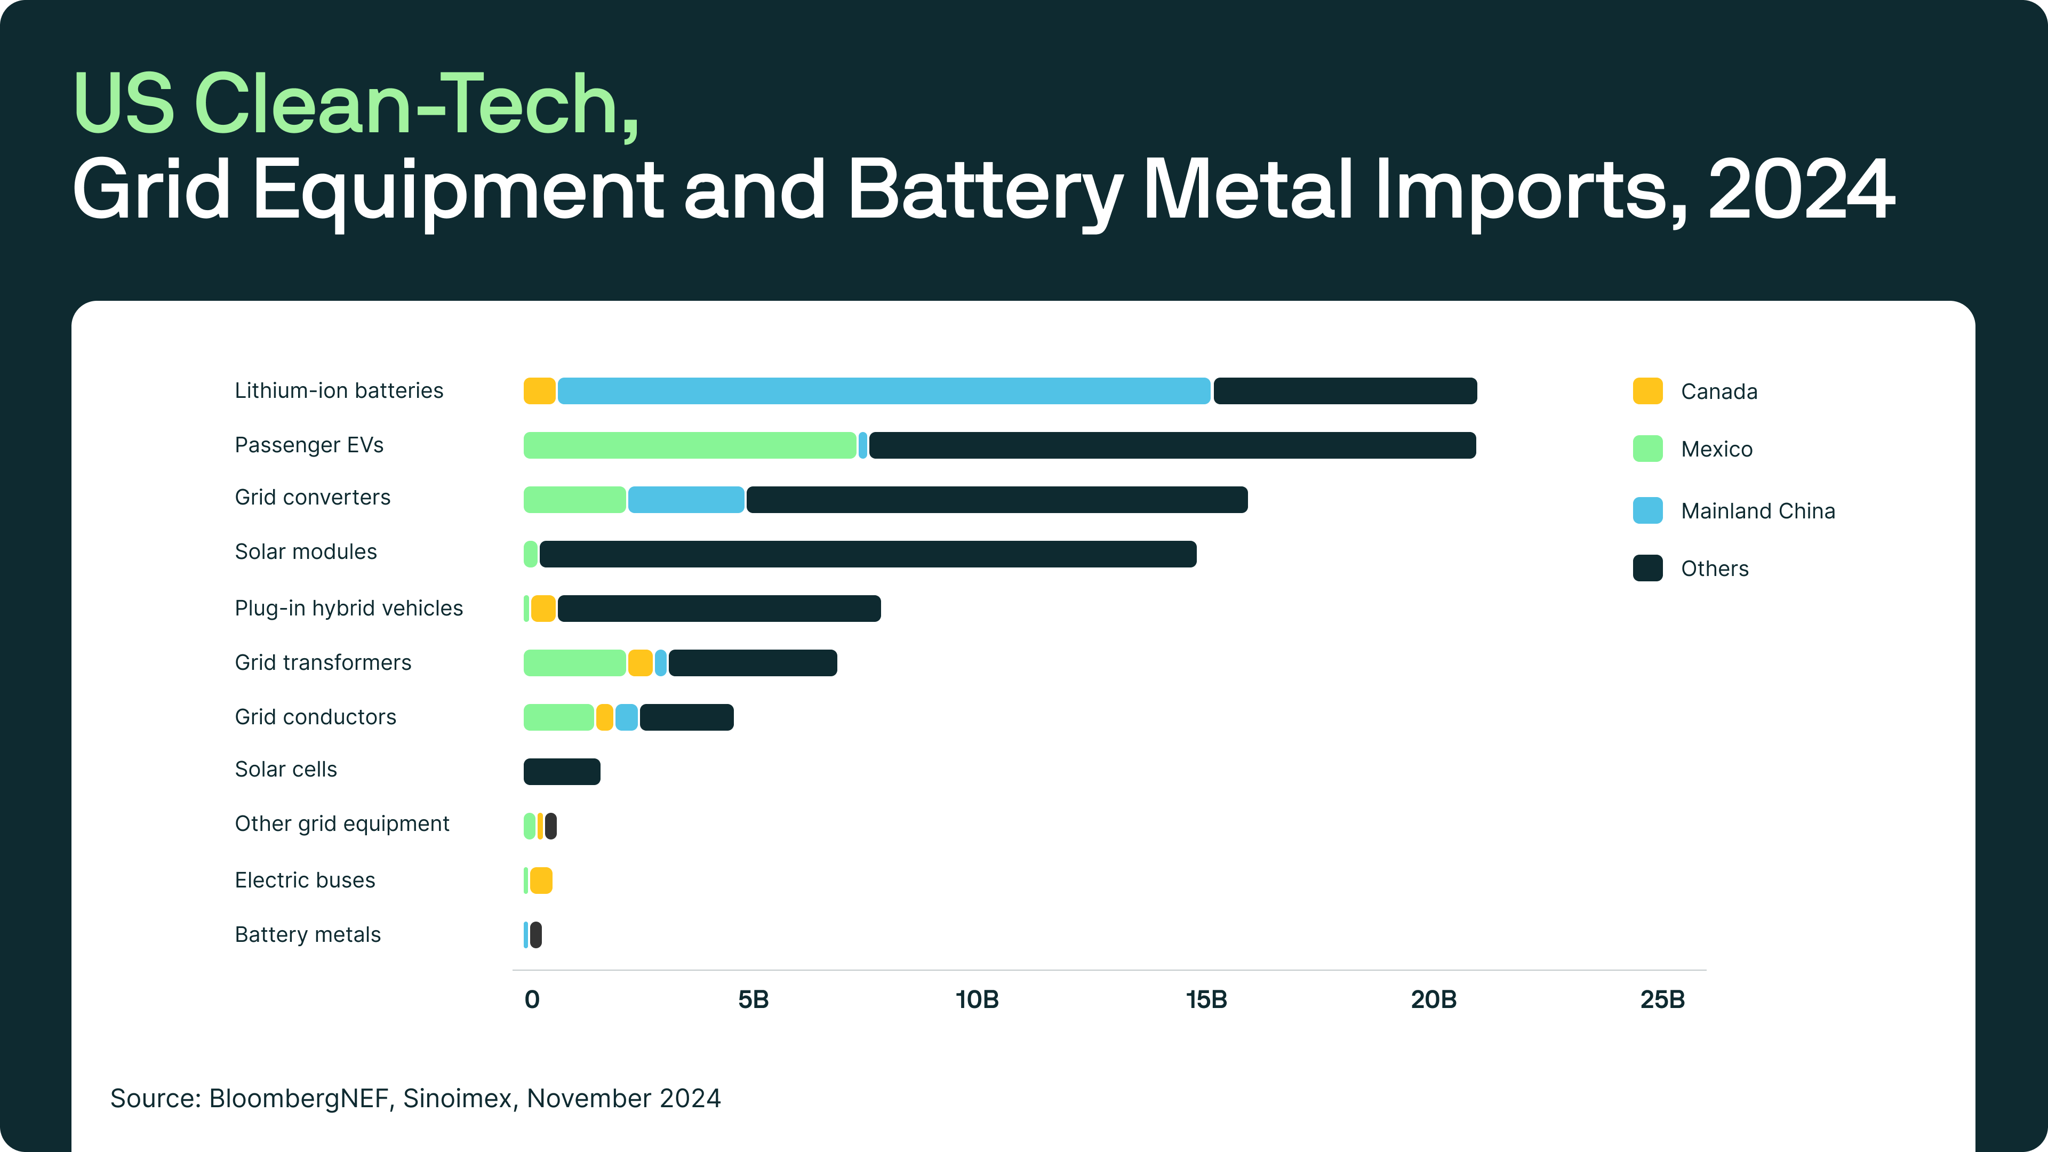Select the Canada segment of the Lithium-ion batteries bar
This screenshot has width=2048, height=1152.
coord(539,391)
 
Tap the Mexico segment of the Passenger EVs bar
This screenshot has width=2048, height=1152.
coord(689,445)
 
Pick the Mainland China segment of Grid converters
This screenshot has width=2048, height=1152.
coord(686,499)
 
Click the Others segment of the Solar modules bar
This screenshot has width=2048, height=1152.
coord(867,554)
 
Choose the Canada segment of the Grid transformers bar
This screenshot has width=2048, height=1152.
coord(640,662)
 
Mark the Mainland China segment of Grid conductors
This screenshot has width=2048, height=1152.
coord(627,717)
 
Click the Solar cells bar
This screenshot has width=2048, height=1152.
coord(561,771)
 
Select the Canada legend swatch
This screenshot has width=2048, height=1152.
coord(1647,391)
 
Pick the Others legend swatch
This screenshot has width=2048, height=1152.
coord(1647,569)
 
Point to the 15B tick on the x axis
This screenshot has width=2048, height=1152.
coord(1206,999)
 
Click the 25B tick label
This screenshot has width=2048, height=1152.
coord(1662,999)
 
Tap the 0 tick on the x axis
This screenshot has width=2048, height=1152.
coord(532,999)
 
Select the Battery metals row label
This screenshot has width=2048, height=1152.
coord(308,934)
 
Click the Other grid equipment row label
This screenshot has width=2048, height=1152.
coord(342,823)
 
